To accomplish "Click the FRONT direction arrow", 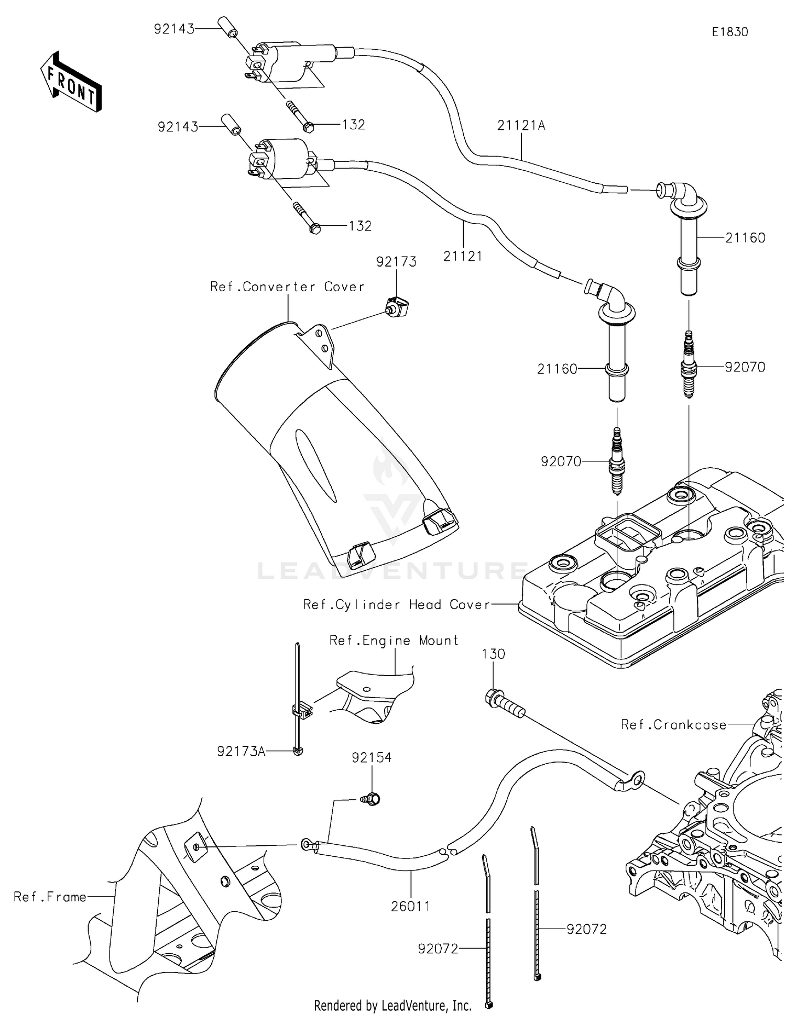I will point(71,82).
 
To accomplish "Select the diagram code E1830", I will point(729,32).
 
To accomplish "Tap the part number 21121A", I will point(521,125).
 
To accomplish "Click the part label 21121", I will point(462,256).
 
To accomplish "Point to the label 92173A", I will point(241,752).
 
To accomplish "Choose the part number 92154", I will point(372,757).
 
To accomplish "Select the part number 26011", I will point(410,906).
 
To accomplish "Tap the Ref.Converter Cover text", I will point(287,287).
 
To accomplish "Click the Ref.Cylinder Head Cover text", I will point(397,605).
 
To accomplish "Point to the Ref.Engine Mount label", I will point(394,641).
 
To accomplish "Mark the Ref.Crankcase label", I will point(673,725).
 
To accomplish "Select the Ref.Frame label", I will point(50,897).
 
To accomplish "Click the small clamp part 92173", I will point(398,306).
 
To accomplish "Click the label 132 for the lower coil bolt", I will point(360,226).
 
